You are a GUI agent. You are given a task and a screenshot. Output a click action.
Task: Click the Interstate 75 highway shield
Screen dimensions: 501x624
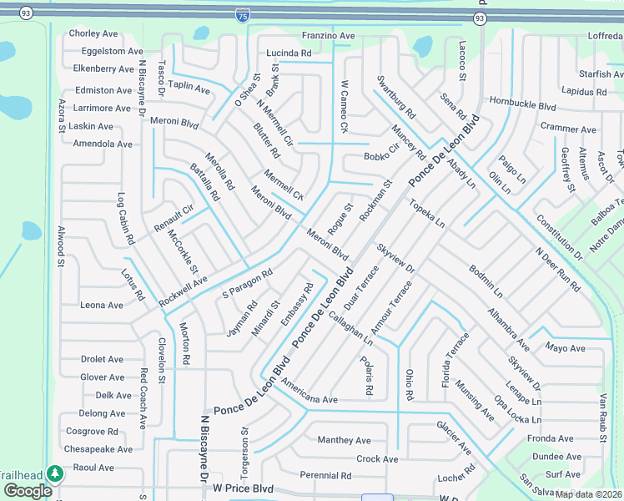tap(242, 16)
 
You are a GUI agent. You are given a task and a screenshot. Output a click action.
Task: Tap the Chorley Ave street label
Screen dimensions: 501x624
tap(93, 33)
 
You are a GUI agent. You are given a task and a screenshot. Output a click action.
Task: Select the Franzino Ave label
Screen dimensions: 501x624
tap(329, 36)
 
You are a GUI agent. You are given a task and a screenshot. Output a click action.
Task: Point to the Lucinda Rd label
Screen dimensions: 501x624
tap(289, 53)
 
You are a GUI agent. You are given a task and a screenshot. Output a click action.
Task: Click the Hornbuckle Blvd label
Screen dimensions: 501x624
tap(523, 107)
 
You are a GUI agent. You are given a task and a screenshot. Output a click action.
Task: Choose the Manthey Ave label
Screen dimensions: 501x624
tap(344, 440)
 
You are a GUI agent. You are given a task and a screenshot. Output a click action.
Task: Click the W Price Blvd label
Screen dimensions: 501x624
tap(243, 488)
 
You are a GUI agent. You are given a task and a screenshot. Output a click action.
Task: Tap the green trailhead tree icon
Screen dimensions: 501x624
tap(55, 474)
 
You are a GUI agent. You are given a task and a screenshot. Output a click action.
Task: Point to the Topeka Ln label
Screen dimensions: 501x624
tap(426, 213)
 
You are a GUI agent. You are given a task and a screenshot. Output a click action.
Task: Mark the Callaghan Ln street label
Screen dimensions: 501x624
tap(351, 330)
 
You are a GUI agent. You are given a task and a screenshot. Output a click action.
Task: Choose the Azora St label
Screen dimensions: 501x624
tap(61, 116)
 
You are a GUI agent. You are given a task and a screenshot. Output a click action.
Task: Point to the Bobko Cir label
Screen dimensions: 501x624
tap(382, 156)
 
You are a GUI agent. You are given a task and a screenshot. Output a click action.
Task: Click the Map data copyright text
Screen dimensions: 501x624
tap(587, 494)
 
